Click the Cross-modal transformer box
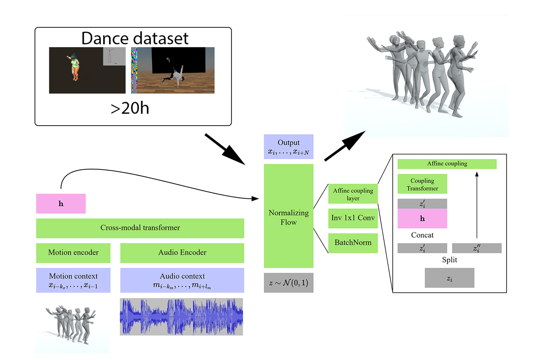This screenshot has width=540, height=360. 140,228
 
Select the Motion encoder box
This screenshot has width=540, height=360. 73,253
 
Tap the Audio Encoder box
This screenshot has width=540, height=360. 182,253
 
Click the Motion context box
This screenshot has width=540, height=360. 73,280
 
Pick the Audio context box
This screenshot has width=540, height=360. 182,280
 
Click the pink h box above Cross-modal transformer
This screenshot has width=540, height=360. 61,204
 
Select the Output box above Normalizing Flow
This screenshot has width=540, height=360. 289,147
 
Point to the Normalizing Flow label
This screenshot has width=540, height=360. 289,217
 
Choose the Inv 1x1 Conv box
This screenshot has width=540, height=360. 353,218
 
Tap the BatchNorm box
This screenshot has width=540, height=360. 353,243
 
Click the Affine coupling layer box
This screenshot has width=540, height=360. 353,194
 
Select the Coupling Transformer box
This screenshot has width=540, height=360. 422,184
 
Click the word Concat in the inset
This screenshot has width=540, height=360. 422,235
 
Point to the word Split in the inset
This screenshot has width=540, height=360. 449,260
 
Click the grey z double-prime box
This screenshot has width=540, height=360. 477,248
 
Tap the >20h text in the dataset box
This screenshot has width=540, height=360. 130,108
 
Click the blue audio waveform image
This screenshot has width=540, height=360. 181,317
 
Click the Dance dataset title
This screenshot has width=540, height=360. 135,38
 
